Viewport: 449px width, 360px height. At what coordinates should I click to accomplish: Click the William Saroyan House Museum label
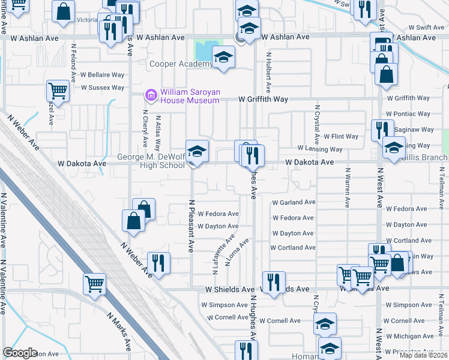(x=190, y=95)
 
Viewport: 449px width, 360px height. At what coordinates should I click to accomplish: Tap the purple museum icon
(x=151, y=95)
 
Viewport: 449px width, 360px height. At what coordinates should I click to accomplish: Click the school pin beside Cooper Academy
(x=224, y=58)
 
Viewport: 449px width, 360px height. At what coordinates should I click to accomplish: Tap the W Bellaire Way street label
(x=102, y=76)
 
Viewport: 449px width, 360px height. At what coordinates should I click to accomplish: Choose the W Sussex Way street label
(x=102, y=88)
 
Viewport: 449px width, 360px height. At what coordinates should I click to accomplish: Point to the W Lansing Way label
(x=320, y=149)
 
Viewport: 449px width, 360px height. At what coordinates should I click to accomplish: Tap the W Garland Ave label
(x=294, y=203)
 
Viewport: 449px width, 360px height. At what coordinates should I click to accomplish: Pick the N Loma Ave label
(x=237, y=253)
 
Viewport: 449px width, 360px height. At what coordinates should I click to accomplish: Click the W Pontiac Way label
(x=408, y=113)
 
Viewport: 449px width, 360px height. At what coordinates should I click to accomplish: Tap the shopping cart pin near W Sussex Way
(x=58, y=92)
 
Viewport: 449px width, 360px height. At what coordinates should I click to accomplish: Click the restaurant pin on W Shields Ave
(x=274, y=282)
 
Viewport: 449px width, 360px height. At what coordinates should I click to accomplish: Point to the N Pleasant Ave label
(x=191, y=226)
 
